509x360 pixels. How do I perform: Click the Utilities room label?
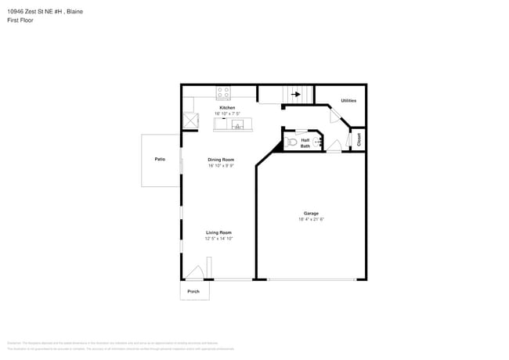point(348,101)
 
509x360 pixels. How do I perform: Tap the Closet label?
point(358,139)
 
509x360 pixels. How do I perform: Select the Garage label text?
point(311,214)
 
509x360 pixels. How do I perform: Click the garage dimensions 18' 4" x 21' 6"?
point(311,220)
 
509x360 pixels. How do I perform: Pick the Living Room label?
point(218,232)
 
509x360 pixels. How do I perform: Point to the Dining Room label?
point(221,160)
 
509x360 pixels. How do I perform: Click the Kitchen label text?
point(226,108)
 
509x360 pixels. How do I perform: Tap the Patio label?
point(160,159)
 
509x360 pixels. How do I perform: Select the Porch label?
point(193,291)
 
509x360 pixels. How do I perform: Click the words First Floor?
point(20,20)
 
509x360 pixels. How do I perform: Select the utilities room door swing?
point(335,115)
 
